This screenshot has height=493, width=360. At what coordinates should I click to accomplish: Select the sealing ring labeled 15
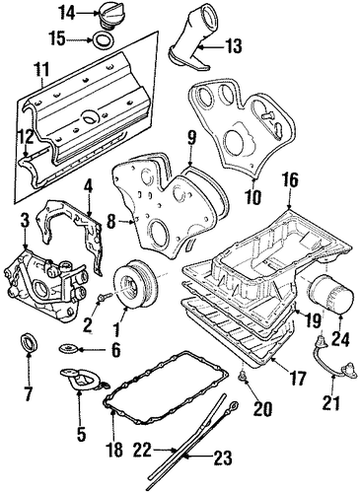tap(103, 41)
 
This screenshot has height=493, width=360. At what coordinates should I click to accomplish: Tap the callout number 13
tap(233, 45)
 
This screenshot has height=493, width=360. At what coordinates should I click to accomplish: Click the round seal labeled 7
tap(30, 342)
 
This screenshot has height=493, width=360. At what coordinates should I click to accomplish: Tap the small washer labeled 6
tap(68, 347)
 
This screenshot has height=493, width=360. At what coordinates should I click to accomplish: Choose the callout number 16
tap(290, 181)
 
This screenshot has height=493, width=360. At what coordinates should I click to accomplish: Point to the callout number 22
tap(143, 450)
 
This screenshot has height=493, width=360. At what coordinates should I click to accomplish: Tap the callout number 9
tap(191, 139)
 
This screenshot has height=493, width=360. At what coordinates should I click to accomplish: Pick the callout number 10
tap(254, 198)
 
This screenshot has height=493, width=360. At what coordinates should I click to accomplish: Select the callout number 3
tap(25, 222)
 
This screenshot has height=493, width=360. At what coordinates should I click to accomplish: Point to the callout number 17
tap(296, 379)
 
